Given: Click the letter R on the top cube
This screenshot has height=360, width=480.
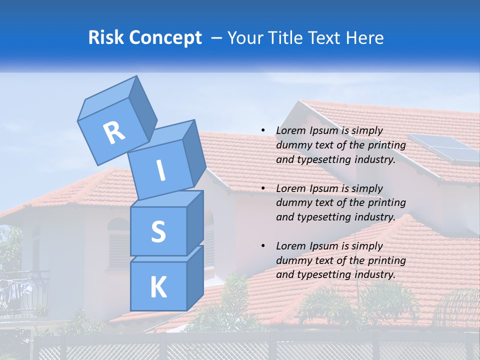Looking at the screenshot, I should pos(114,133).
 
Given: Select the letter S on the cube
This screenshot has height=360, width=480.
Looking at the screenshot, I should pos(158,232).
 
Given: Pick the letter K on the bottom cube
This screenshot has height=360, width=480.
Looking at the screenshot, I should pos(158,287).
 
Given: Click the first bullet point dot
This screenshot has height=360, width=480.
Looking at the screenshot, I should pos(262,130).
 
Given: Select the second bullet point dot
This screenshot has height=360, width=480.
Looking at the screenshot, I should pos(262,188).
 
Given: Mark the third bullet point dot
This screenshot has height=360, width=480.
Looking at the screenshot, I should pos(262,246).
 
